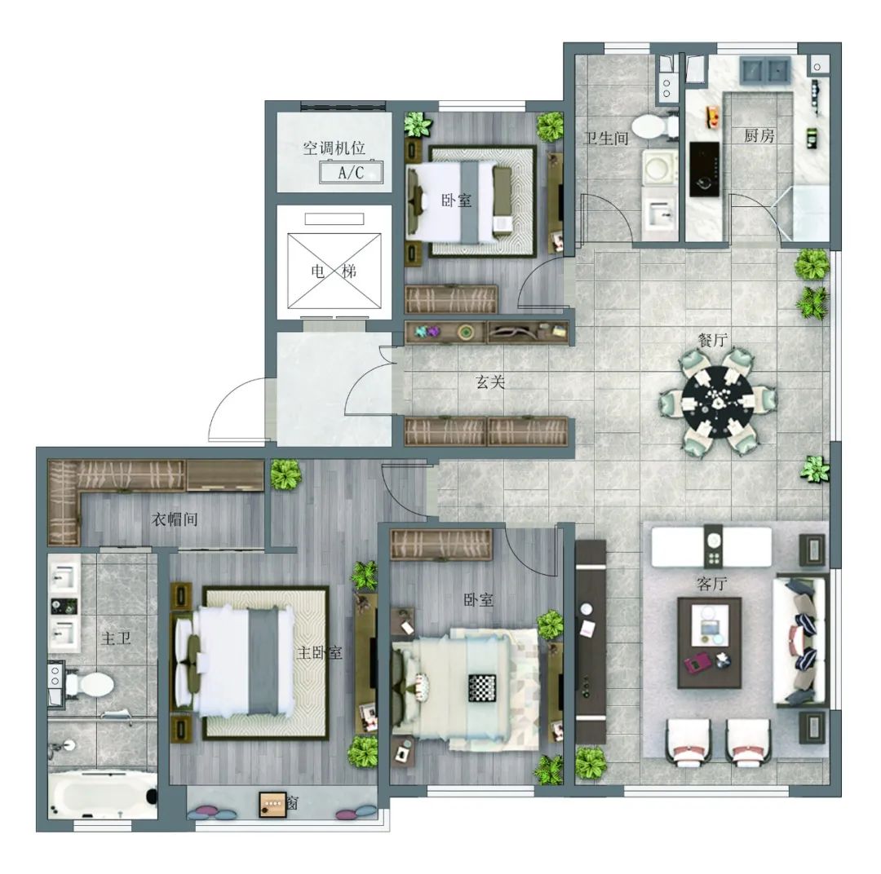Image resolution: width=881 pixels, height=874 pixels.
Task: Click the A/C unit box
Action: (351, 172)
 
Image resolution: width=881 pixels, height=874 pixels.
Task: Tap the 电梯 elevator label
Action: (334, 271)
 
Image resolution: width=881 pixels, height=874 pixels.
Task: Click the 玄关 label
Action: (490, 382)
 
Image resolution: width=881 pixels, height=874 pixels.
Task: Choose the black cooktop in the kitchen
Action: (705, 169)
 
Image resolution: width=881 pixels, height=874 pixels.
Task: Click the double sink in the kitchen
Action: (765, 71)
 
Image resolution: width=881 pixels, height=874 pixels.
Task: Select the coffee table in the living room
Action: (710, 642)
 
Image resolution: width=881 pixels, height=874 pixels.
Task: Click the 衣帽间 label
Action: (175, 519)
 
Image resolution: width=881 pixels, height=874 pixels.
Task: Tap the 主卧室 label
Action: (319, 653)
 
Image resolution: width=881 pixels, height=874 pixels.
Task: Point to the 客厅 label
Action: (712, 585)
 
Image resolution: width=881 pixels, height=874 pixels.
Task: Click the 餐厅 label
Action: (712, 339)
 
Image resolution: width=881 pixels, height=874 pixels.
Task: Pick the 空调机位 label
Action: (334, 148)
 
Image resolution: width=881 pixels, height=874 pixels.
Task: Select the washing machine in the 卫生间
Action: (659, 167)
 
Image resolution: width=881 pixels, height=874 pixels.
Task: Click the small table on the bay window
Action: (272, 804)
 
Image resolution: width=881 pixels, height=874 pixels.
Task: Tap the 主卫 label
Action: (117, 638)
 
